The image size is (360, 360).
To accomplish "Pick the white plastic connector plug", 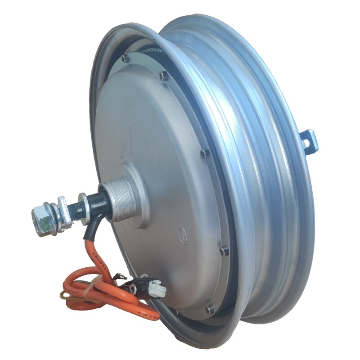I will coord(155,288).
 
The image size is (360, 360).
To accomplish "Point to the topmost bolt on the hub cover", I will coord(125,58).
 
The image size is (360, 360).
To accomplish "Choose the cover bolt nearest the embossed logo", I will coord(223,251).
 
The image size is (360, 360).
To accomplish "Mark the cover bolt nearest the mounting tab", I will coord(205,153).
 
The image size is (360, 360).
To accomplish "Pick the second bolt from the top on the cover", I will coord(164,76).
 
